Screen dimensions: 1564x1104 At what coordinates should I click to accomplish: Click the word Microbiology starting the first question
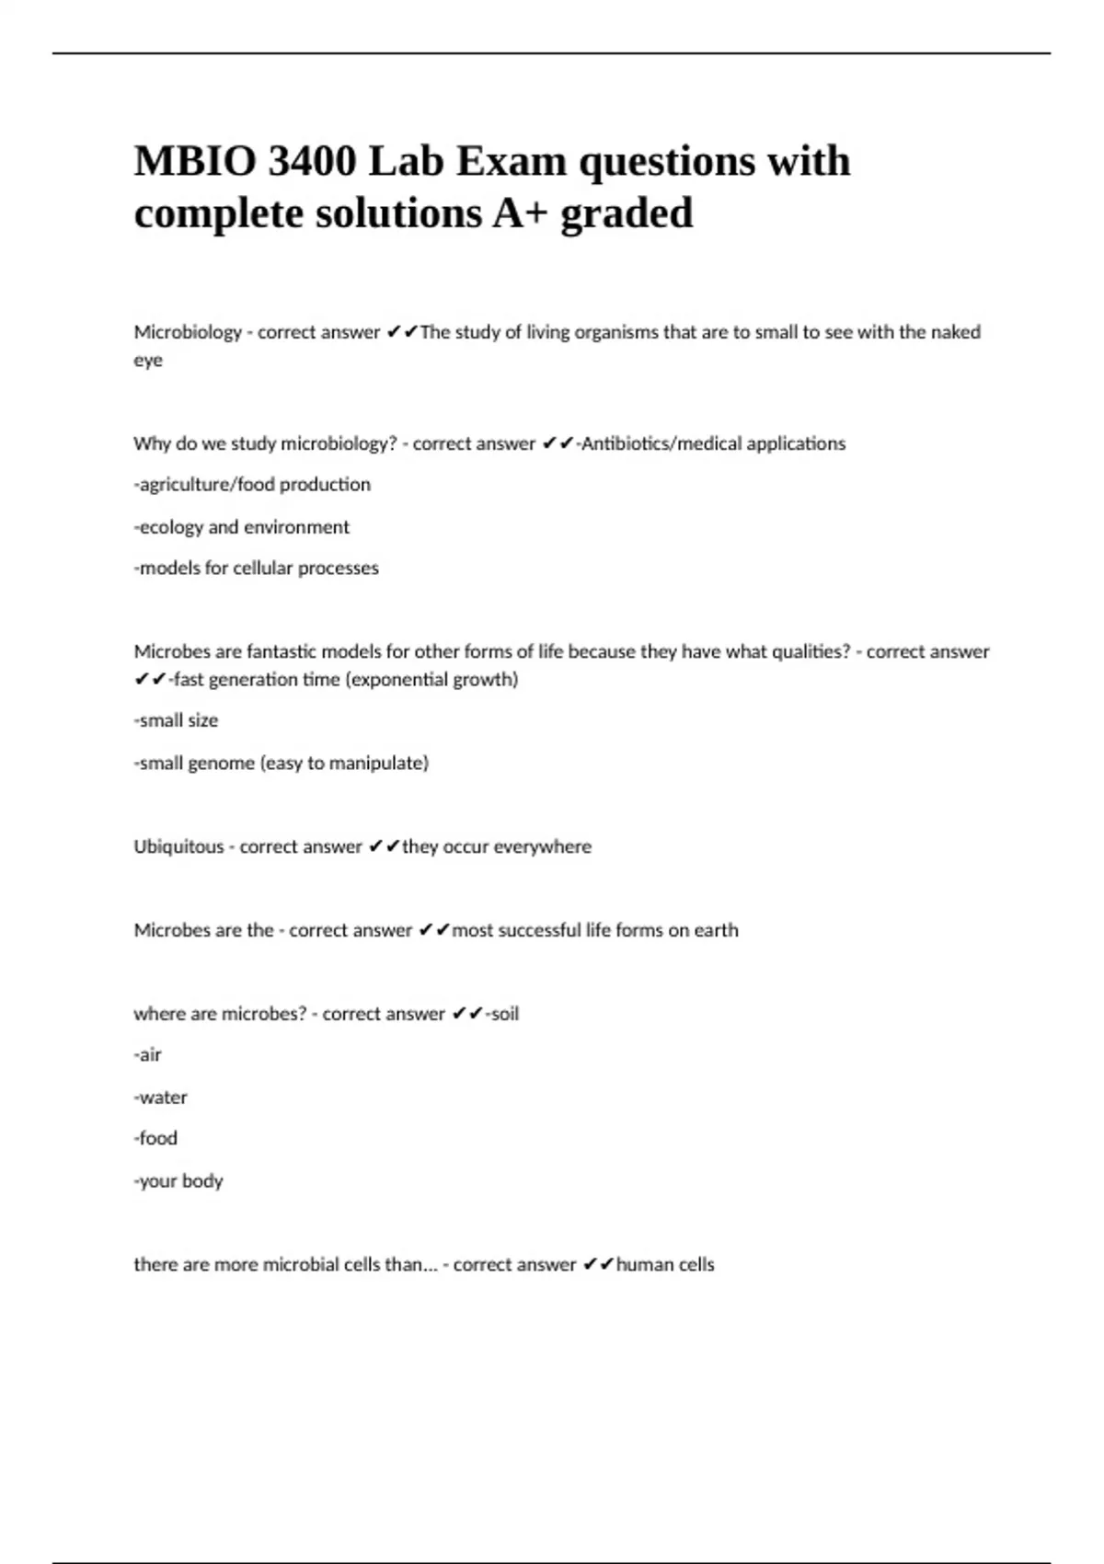pyautogui.click(x=188, y=332)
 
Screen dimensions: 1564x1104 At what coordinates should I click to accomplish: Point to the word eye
pyautogui.click(x=148, y=360)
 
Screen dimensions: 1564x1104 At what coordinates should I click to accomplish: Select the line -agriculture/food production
pyautogui.click(x=252, y=485)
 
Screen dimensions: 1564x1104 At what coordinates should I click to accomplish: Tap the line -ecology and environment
pyautogui.click(x=241, y=527)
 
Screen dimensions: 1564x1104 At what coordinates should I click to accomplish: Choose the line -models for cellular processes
pyautogui.click(x=256, y=569)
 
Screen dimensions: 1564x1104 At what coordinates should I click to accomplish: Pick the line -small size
pyautogui.click(x=176, y=720)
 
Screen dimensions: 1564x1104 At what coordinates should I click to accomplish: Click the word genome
pyautogui.click(x=221, y=763)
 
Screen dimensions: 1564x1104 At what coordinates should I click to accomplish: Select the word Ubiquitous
pyautogui.click(x=178, y=846)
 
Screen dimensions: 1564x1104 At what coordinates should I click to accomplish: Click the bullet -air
pyautogui.click(x=147, y=1055)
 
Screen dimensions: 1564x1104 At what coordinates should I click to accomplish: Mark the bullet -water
pyautogui.click(x=160, y=1098)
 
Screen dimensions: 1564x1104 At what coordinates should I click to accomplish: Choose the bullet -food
pyautogui.click(x=155, y=1138)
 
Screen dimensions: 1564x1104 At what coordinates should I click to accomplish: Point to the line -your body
pyautogui.click(x=178, y=1180)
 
